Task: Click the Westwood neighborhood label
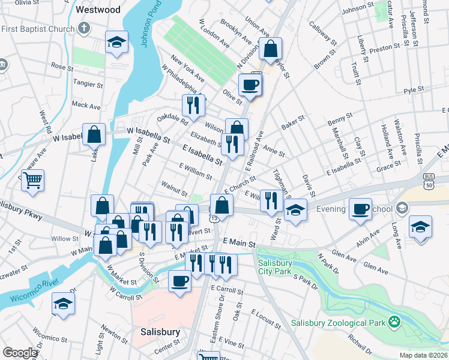[x=98, y=10]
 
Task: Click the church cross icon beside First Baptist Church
[x=85, y=28]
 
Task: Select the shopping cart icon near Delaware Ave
[x=33, y=179]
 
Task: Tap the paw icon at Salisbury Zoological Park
[x=394, y=322]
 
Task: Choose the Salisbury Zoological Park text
[x=338, y=323]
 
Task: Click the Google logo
[x=20, y=353]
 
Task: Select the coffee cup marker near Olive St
[x=250, y=84]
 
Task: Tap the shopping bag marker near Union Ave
[x=271, y=48]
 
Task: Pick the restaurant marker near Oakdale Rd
[x=193, y=105]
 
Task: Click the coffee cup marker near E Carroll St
[x=179, y=280]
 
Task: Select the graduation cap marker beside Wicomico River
[x=63, y=304]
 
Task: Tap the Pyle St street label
[x=414, y=90]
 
